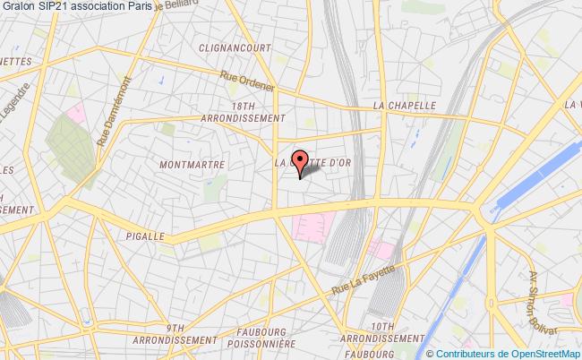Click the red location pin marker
tap(301, 159)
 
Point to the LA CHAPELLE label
tap(405, 105)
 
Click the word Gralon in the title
tap(18, 6)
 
